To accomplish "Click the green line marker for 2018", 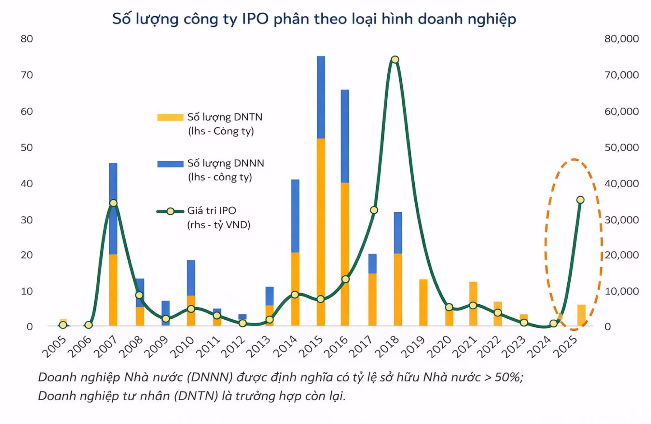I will pos(395,60).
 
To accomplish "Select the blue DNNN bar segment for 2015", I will pos(321,97).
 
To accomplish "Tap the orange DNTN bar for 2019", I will pos(423,302).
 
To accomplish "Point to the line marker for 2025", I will pos(580,200).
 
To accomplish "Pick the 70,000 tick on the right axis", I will pos(621,75).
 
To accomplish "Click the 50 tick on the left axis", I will pos(27,148).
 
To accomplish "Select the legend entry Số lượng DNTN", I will pos(225,117).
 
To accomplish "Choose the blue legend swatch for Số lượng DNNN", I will pos(170,164).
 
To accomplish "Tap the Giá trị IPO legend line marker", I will pos(170,211).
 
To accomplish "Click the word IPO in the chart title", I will pos(255,19).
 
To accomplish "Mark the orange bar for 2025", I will pos(581,315).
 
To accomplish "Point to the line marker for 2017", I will pos(374,210).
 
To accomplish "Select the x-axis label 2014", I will pos(285,347).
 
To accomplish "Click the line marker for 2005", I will pos(63,325).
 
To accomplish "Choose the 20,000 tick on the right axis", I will pos(621,255).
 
